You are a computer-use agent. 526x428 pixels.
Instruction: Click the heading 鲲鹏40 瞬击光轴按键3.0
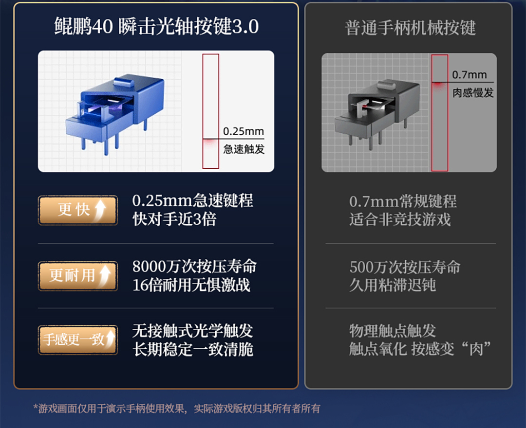click(x=156, y=26)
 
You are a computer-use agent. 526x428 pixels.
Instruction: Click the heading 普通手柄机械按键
click(x=410, y=27)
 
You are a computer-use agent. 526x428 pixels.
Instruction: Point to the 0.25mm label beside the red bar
click(x=244, y=131)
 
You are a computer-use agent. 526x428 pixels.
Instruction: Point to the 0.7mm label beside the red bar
click(x=470, y=75)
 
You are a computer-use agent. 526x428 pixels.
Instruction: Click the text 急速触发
click(x=244, y=149)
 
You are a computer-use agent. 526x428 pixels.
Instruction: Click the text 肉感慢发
click(x=473, y=92)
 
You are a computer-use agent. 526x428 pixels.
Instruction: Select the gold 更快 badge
click(x=78, y=210)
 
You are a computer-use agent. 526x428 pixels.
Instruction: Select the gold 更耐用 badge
click(x=78, y=276)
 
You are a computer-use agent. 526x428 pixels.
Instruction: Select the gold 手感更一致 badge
click(x=78, y=340)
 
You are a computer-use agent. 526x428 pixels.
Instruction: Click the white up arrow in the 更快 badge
click(x=100, y=210)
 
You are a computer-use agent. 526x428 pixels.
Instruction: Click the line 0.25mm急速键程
click(x=192, y=200)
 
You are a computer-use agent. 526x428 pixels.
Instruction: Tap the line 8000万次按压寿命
click(x=194, y=267)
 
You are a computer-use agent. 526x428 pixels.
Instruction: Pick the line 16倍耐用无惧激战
click(x=191, y=285)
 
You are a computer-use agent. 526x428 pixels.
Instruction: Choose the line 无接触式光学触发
click(x=192, y=331)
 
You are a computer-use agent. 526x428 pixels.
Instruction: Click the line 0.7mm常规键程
click(x=403, y=201)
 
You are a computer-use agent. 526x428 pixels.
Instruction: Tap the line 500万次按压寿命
click(x=405, y=267)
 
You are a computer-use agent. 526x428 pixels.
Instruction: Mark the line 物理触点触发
click(x=393, y=331)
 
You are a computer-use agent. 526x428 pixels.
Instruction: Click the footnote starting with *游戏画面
click(x=177, y=409)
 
